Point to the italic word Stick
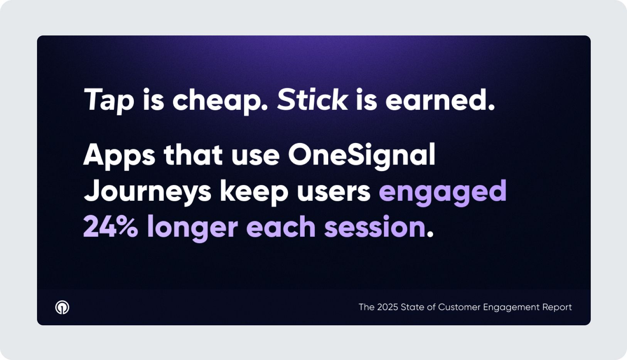312,99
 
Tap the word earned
440,99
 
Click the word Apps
119,156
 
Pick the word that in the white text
193,155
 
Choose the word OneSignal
362,156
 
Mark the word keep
254,192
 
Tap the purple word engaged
443,192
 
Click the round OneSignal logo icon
62,308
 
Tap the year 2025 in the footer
388,307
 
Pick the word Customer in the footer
458,307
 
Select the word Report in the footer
557,308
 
